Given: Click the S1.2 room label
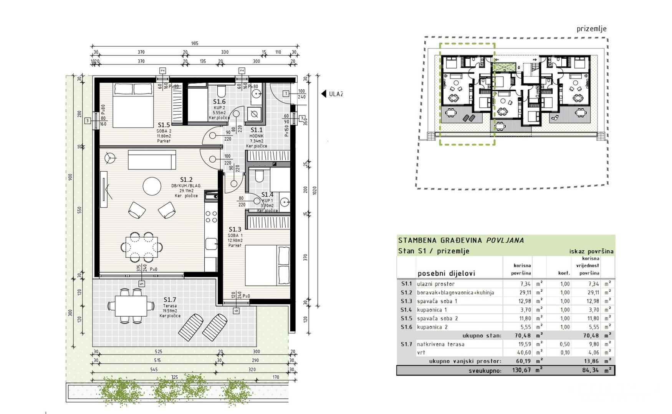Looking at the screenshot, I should pyautogui.click(x=186, y=179).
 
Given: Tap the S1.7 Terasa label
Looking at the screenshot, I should pyautogui.click(x=170, y=300).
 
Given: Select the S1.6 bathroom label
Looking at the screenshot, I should pyautogui.click(x=219, y=102).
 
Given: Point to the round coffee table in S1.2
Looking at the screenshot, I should pyautogui.click(x=152, y=186).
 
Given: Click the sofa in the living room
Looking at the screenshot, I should pyautogui.click(x=152, y=159).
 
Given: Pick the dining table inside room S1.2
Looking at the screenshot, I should pyautogui.click(x=141, y=246).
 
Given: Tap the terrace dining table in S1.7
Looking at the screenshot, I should pyautogui.click(x=131, y=306).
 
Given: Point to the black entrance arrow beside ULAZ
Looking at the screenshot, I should pyautogui.click(x=324, y=94).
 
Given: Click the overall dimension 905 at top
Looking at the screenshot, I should pyautogui.click(x=195, y=43).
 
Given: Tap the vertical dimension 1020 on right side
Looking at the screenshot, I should pyautogui.click(x=315, y=191).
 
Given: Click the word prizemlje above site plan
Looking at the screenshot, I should pyautogui.click(x=591, y=29).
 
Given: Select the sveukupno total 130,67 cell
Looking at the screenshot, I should pyautogui.click(x=521, y=370).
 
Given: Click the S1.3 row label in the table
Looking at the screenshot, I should pyautogui.click(x=406, y=301).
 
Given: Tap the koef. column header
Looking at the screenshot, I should pyautogui.click(x=564, y=273).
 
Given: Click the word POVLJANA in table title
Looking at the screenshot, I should pyautogui.click(x=505, y=240).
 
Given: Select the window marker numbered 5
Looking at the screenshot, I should pyautogui.click(x=142, y=284).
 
